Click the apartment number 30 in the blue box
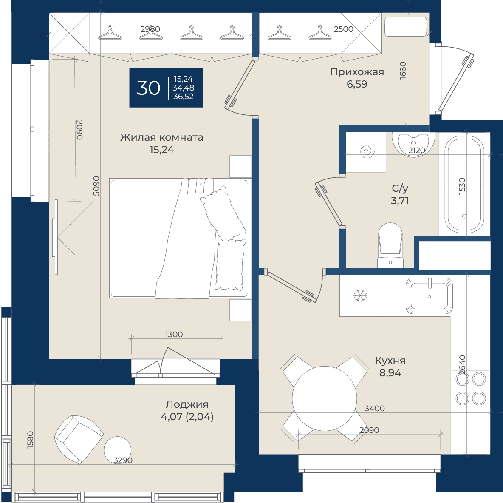point(148,88)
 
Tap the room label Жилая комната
point(162,137)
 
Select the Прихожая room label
point(357,72)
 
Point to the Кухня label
point(390,361)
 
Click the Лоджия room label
point(187,404)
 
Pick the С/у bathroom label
point(400,188)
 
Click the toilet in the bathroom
point(390,246)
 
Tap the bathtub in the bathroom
point(464,184)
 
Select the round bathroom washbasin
point(413,144)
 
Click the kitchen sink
point(429,296)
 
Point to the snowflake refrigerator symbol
point(360,296)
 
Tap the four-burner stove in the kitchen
point(471,389)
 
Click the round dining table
point(324,398)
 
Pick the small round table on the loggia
point(117,450)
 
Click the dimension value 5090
point(96,186)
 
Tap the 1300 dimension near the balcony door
point(174,335)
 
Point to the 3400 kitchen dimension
point(375,408)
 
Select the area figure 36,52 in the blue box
point(183,96)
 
